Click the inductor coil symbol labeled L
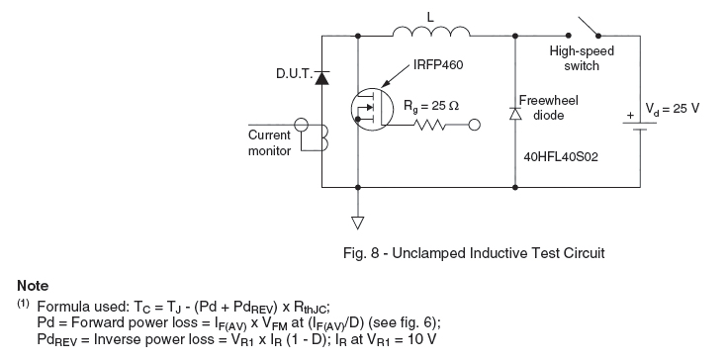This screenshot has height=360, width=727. tap(431, 31)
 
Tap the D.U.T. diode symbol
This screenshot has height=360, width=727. tap(321, 78)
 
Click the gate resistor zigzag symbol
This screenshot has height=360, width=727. tap(430, 125)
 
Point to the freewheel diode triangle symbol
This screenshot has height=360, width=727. tap(515, 114)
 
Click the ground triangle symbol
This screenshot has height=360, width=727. tap(357, 224)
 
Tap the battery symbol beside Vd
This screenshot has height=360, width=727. tap(640, 126)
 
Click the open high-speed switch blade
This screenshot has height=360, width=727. tap(588, 27)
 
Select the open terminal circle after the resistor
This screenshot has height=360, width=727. tap(475, 125)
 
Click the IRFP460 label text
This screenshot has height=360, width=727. tap(437, 65)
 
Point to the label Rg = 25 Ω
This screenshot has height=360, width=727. tap(431, 107)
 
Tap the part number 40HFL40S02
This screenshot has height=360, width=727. tap(561, 157)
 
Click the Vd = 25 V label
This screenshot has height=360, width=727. tap(673, 109)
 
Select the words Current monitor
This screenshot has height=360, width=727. tap(270, 143)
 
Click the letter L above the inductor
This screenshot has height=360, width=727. tap(430, 18)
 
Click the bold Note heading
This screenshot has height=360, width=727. tap(33, 286)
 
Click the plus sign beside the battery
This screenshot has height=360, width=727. tap(630, 116)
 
